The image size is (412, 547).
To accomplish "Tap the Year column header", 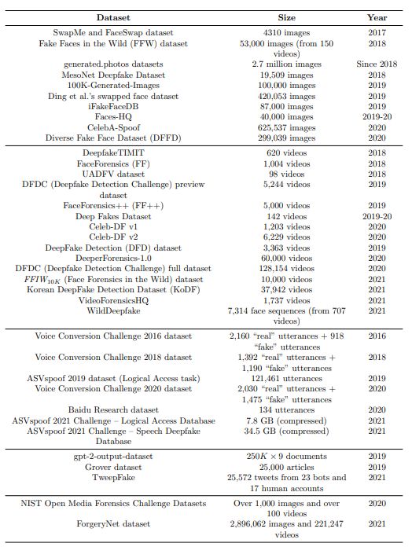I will pos(377,17).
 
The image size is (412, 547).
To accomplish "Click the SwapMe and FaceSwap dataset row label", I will pos(113,33).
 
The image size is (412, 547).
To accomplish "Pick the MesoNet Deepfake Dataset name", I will pos(113,75).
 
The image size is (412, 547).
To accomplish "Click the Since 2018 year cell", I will pos(377,64).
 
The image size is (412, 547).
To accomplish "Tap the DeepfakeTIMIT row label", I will pos(113,152).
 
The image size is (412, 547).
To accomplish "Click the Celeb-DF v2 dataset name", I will pos(113,236).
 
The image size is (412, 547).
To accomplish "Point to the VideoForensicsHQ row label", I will pos(113,299).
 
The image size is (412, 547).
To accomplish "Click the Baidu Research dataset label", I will pos(113,409).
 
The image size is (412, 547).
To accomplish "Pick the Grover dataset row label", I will pos(113,466).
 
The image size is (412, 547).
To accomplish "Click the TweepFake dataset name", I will pos(113,477).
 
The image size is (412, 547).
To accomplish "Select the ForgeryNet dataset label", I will pos(113,523).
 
